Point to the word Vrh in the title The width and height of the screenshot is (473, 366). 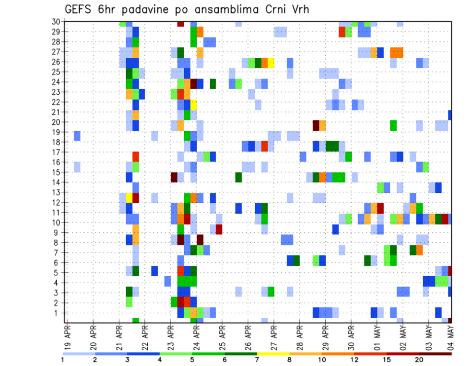[x=300, y=9]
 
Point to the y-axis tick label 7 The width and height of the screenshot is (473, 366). [x=58, y=253]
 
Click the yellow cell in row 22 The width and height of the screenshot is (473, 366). [x=194, y=105]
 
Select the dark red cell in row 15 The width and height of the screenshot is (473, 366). [x=174, y=177]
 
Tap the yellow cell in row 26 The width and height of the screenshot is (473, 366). [x=271, y=63]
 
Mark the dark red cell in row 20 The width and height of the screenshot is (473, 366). [x=316, y=125]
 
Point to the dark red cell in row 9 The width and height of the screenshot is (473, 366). [x=219, y=229]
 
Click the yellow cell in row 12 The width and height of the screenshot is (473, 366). [x=129, y=198]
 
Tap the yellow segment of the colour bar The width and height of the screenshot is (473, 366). [x=273, y=354]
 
